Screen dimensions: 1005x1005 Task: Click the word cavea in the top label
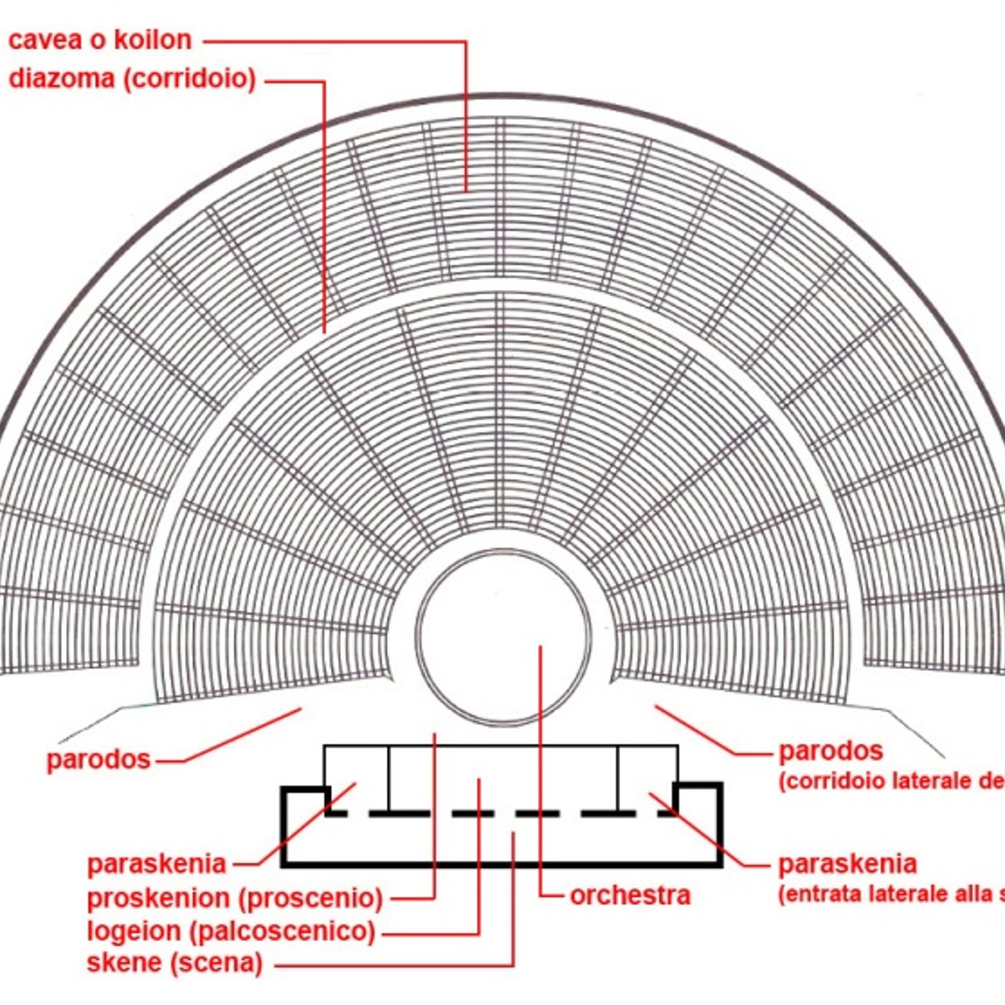pyautogui.click(x=45, y=40)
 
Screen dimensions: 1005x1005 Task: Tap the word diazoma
pyautogui.click(x=62, y=78)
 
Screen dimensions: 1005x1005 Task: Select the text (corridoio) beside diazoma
pyautogui.click(x=190, y=78)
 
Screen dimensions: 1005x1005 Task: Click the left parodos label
pyautogui.click(x=98, y=759)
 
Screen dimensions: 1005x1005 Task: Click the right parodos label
pyautogui.click(x=831, y=751)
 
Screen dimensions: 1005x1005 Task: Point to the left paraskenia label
pyautogui.click(x=156, y=864)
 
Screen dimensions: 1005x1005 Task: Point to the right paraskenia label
pyautogui.click(x=847, y=864)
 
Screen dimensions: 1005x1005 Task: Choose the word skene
pyautogui.click(x=124, y=963)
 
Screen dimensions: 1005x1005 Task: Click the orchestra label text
pyautogui.click(x=630, y=895)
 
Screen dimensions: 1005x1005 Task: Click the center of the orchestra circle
pyautogui.click(x=504, y=638)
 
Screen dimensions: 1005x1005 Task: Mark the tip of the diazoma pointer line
pyautogui.click(x=324, y=332)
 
